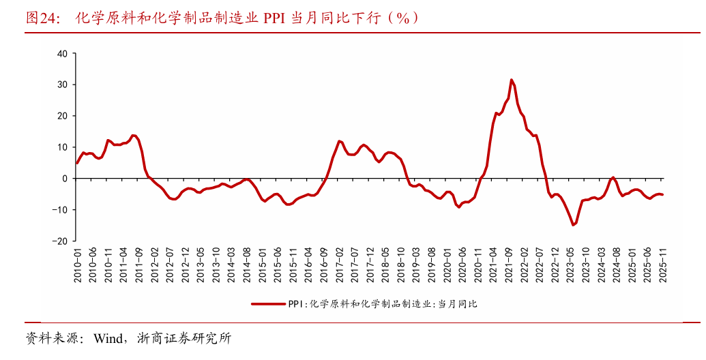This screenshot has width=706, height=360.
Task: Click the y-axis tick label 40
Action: pos(62,53)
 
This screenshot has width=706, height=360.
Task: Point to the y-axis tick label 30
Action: pos(62,85)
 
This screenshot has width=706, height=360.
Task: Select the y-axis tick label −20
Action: pos(60,241)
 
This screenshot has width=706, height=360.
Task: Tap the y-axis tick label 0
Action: pos(65,179)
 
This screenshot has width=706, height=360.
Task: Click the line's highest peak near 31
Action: pos(512,80)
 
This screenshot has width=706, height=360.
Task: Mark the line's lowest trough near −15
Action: pos(573,225)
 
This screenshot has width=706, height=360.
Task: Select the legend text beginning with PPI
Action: pos(383,305)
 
